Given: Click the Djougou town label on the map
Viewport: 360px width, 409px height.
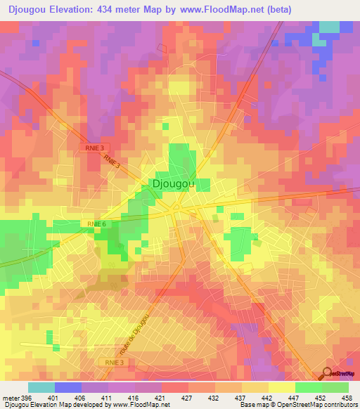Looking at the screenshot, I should point(172,184).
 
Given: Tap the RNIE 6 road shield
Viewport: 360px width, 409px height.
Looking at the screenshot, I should point(97,223).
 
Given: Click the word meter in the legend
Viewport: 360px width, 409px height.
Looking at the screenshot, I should point(10,398).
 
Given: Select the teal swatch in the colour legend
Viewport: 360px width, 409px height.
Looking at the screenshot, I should point(41,387).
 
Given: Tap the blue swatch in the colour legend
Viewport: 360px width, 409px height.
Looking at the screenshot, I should point(68,387).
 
